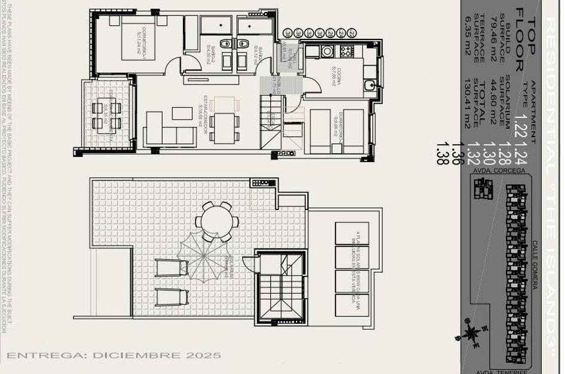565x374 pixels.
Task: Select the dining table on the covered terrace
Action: (107, 114)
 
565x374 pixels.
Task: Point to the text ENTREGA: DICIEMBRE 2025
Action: (114, 355)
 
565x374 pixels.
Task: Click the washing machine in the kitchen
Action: (327, 51)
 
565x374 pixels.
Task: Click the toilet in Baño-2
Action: (224, 44)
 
